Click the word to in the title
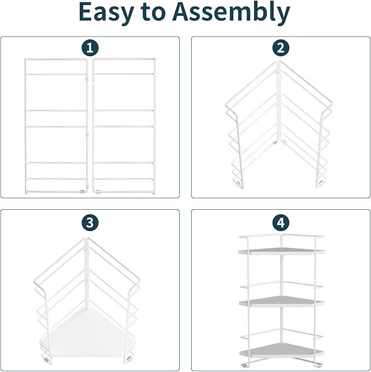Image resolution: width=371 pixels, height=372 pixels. point(163,13)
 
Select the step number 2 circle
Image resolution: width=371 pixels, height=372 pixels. point(280,48)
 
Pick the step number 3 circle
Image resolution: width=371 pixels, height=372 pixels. point(90,222)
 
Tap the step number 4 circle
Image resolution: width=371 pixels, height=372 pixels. point(280,222)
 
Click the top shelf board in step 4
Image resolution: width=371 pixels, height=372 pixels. point(281,252)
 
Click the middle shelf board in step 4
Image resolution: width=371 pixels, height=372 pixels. point(281,302)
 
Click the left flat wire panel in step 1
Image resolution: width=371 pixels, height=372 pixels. point(56,126)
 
